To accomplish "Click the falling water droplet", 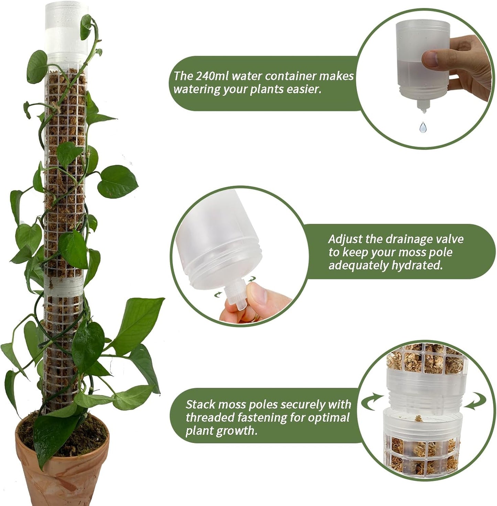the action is point(423,127).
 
